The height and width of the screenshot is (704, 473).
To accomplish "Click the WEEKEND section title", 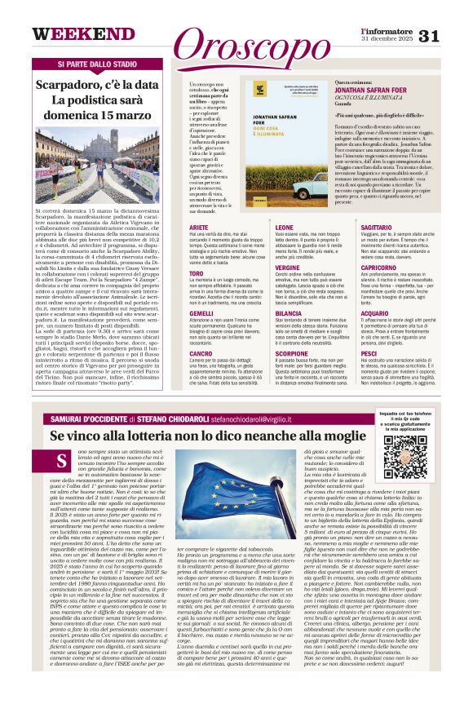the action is [x=73, y=35].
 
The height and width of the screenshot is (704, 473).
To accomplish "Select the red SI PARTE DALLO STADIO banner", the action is [x=96, y=64].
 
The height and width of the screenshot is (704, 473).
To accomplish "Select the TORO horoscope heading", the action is [x=196, y=274].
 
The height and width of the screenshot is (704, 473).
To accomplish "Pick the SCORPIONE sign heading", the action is [x=291, y=354].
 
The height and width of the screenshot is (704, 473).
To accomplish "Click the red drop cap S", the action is [x=62, y=463].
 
